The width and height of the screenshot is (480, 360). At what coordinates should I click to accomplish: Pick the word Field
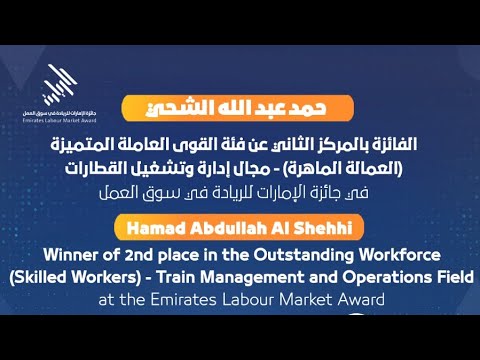(x=451, y=276)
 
